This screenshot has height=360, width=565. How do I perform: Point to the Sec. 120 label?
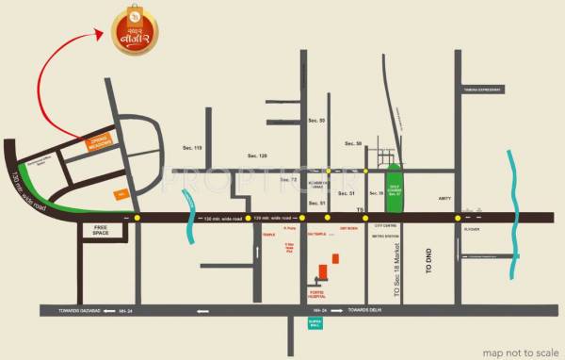(257, 155)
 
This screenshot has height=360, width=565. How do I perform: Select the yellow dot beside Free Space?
(137, 218)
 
